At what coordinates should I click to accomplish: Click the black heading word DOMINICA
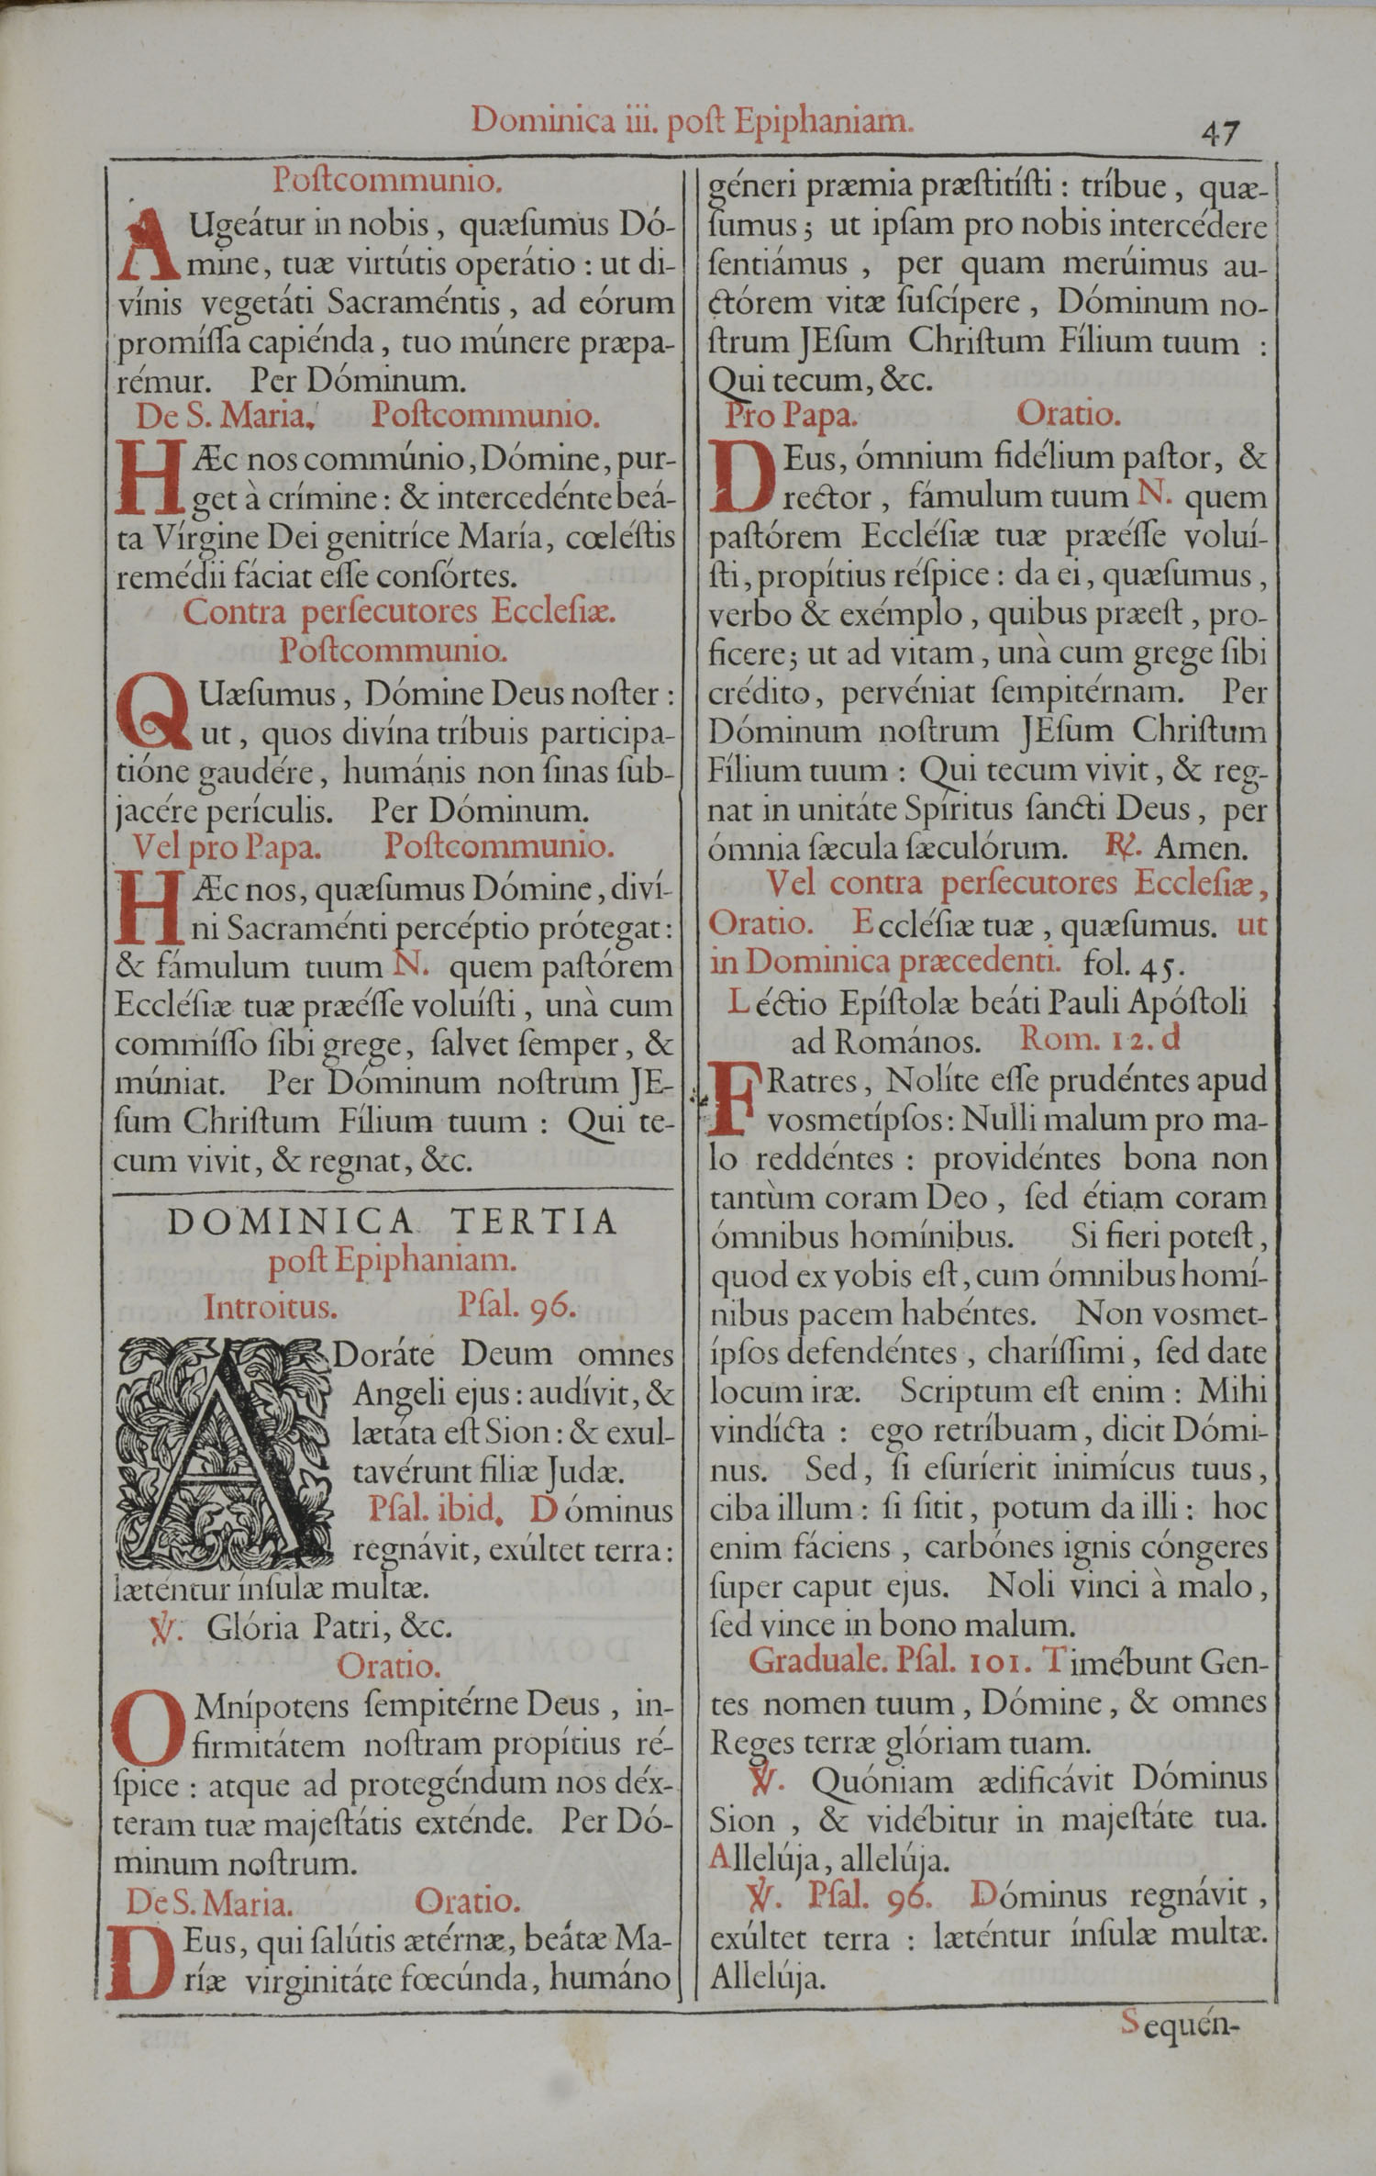(291, 1222)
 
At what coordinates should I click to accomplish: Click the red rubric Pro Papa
(790, 416)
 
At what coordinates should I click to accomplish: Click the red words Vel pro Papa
(227, 847)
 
